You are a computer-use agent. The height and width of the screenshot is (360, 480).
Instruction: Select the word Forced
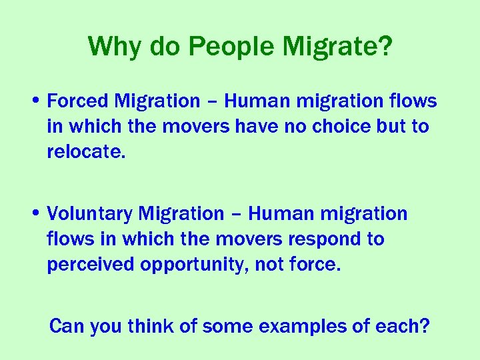click(x=77, y=101)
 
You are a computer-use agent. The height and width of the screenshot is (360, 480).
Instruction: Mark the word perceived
click(x=91, y=265)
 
